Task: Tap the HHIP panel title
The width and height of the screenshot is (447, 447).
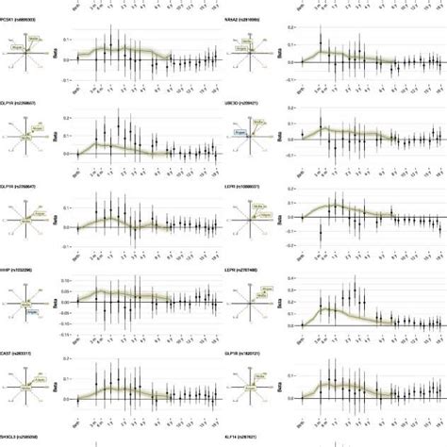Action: (x=21, y=269)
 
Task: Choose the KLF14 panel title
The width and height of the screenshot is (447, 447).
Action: (x=250, y=437)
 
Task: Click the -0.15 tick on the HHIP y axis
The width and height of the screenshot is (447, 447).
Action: (x=62, y=331)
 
